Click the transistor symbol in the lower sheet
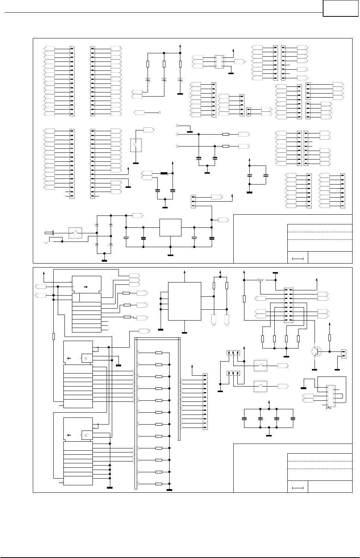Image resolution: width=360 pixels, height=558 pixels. [x=316, y=351]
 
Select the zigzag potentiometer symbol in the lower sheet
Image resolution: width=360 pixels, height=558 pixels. [x=259, y=280]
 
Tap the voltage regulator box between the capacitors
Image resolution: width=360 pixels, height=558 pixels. [x=170, y=227]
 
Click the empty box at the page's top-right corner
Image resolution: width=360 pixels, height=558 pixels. [x=340, y=8]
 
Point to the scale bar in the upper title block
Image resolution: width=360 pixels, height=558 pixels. [x=298, y=258]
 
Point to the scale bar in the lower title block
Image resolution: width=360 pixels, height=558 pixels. [x=298, y=487]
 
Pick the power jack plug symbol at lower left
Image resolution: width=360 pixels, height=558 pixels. [x=50, y=233]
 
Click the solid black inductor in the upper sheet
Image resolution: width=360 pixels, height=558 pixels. [x=164, y=173]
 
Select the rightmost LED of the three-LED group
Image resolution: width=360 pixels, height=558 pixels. [x=180, y=79]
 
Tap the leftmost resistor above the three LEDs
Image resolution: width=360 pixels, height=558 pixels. [x=148, y=64]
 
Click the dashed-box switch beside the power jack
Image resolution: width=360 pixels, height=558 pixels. [x=75, y=233]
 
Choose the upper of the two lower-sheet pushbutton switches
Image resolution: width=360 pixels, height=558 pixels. [x=260, y=366]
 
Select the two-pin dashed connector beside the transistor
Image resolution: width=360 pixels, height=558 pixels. [x=344, y=353]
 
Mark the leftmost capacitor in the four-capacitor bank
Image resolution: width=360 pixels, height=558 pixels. [x=244, y=418]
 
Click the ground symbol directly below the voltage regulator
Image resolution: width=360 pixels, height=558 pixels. [x=170, y=255]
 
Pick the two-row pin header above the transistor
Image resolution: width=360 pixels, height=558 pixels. [x=288, y=305]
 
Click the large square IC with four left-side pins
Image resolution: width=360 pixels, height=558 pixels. [x=184, y=301]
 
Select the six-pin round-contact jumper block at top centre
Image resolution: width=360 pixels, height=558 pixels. [x=219, y=62]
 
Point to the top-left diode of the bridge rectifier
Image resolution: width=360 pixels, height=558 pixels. [x=97, y=226]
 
